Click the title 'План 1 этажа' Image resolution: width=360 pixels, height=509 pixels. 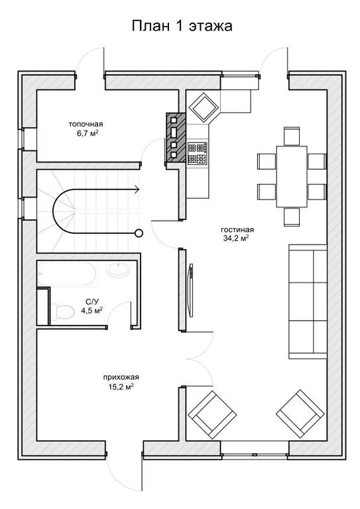click(x=182, y=26)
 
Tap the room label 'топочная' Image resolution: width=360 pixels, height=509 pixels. click(x=86, y=124)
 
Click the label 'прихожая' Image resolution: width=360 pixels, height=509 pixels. click(x=121, y=377)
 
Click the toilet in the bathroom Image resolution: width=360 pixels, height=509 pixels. click(x=62, y=311)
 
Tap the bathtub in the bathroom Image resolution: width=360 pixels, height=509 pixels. click(x=66, y=274)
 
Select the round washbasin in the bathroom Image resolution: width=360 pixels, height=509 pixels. click(x=117, y=270)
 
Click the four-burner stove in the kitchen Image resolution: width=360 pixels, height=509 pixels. click(x=198, y=153)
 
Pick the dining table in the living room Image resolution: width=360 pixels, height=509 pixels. click(x=292, y=176)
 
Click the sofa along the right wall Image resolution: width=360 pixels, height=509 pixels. click(x=308, y=302)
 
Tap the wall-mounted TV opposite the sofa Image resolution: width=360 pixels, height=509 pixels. click(x=191, y=290)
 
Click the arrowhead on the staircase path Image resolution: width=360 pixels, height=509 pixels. click(x=137, y=189)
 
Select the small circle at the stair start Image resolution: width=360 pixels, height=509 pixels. click(x=139, y=233)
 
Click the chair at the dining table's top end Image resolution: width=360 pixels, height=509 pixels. click(x=292, y=137)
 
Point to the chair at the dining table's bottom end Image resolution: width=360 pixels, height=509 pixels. click(x=292, y=217)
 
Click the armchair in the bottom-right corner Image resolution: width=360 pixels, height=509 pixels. click(x=300, y=414)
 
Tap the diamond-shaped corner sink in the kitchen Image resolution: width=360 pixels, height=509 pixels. click(x=204, y=107)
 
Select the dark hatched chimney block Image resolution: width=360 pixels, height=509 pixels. click(x=176, y=137)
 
